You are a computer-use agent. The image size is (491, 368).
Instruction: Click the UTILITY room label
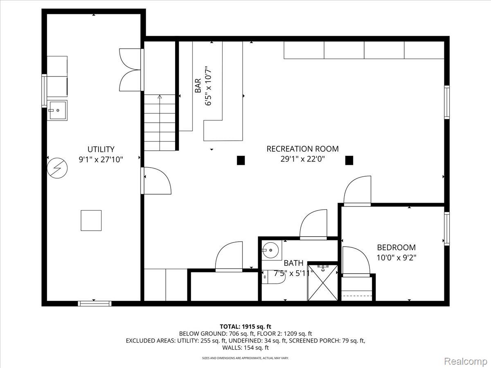pos(101,149)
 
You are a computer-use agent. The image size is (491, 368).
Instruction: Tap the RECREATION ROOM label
pos(302,149)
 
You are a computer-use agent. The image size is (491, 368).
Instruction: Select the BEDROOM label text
pos(396,247)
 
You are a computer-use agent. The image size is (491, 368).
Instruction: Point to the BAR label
pos(198,85)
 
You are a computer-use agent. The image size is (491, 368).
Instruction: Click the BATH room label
pos(293,263)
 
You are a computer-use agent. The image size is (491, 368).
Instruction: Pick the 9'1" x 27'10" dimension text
pos(101,159)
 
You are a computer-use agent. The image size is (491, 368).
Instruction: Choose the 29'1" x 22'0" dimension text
pos(302,159)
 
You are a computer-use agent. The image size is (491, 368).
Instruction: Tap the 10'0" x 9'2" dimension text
pos(396,258)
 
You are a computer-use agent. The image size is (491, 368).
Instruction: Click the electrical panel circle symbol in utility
pos(57,168)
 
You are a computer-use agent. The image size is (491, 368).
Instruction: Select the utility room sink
pos(57,110)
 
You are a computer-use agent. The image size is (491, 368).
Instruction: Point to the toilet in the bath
pos(273,277)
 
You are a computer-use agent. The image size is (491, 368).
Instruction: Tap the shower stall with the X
pos(322,283)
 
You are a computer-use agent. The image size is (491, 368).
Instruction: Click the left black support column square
pos(241,160)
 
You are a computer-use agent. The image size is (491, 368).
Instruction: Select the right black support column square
pos(349,160)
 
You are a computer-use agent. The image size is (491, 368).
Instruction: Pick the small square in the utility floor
pos(91,220)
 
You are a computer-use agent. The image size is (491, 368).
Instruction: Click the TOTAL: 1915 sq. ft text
pos(245,327)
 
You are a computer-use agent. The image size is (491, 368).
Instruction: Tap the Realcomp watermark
pos(466,361)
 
